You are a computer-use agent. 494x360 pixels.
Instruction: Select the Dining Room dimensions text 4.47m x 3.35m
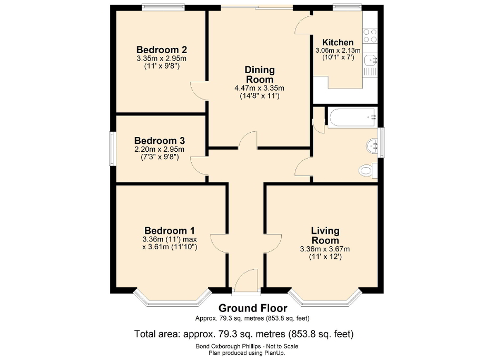tap(260, 88)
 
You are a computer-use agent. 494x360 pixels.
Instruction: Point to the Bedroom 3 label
tap(159, 141)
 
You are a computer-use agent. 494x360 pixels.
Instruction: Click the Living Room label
tap(325, 236)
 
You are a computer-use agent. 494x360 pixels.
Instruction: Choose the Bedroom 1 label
tap(170, 230)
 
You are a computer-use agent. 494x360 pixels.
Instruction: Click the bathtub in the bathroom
tap(352, 118)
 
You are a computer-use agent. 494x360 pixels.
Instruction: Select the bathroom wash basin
tap(373, 145)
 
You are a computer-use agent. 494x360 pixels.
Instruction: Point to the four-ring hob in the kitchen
tap(370, 35)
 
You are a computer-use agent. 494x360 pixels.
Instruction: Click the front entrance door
tap(246, 280)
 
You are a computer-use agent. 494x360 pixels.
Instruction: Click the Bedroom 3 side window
tap(112, 149)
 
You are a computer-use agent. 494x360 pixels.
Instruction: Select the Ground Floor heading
tap(253, 308)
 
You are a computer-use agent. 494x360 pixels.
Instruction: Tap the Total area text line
tap(244, 334)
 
